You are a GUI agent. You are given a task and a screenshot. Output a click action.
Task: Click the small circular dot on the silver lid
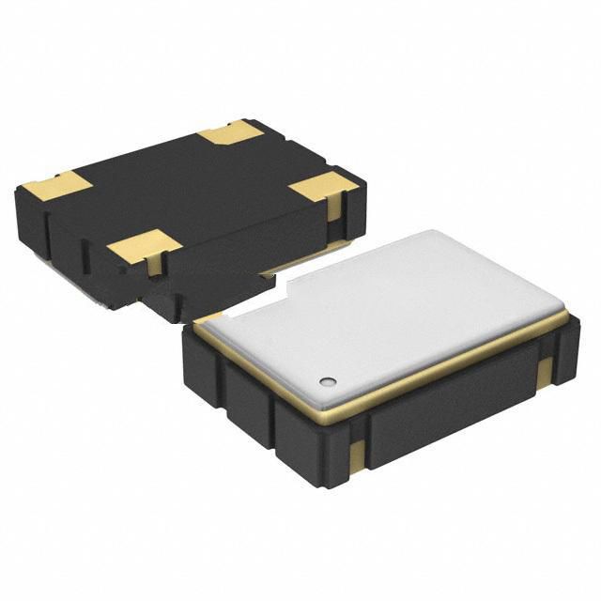point(328,381)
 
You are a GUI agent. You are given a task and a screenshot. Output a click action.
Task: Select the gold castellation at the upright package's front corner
point(356,456)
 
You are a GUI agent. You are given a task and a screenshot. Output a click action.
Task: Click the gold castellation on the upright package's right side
point(545,371)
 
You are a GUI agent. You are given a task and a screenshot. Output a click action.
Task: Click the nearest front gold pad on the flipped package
point(143,246)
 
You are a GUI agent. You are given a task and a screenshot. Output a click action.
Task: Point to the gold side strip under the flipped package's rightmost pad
point(334,208)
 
